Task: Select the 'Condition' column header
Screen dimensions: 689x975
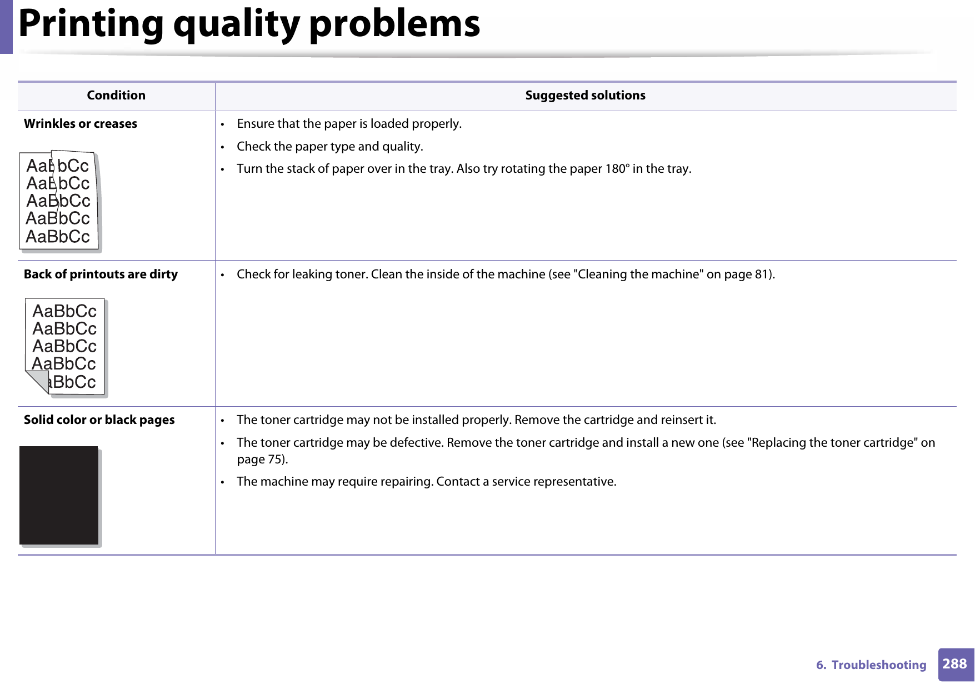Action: pos(116,96)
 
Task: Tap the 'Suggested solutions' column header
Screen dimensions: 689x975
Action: pos(585,96)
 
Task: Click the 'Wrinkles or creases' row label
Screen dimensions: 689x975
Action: pos(81,124)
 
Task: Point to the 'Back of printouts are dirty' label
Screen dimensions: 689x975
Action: pos(101,274)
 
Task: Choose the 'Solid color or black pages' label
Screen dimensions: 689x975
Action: pos(99,420)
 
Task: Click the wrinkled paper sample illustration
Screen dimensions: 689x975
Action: pos(59,201)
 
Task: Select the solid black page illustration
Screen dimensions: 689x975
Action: pos(59,495)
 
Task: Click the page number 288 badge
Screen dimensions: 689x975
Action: pos(955,664)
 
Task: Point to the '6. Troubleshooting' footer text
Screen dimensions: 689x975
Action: pos(871,665)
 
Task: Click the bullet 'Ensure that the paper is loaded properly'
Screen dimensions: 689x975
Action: pos(349,124)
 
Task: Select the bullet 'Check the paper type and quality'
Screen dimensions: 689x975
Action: pos(330,147)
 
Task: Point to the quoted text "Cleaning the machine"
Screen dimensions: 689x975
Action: pos(638,274)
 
